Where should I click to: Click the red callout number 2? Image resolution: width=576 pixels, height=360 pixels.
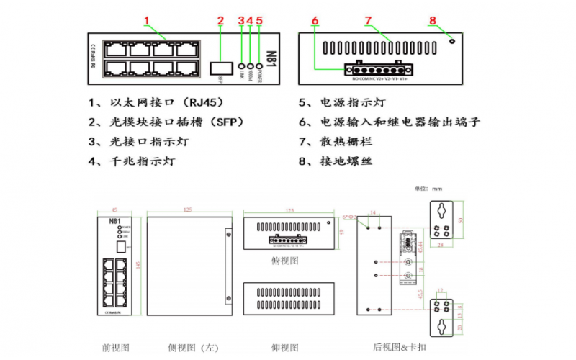(221, 20)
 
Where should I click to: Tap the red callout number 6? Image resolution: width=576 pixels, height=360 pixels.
(315, 21)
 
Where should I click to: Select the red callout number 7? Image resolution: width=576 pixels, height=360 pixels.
(367, 20)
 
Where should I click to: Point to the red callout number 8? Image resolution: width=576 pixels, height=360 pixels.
(433, 20)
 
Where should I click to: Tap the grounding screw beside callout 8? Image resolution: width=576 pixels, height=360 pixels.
(451, 41)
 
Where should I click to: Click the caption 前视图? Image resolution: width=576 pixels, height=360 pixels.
(116, 348)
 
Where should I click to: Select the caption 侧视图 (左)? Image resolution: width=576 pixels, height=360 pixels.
(192, 348)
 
